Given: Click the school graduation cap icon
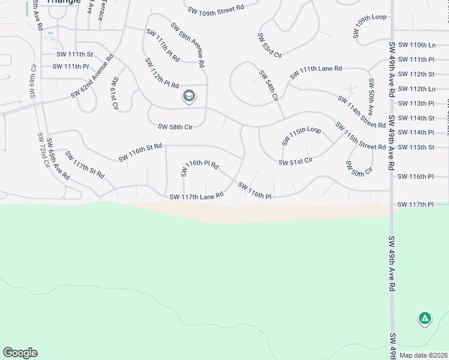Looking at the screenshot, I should tap(189, 96).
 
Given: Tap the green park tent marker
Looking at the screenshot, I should tap(424, 318).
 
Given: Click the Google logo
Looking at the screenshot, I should tap(20, 353).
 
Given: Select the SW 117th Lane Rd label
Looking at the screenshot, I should tap(196, 196).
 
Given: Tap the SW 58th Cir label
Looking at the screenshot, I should tap(175, 127).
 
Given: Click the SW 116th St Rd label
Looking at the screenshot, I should tap(140, 152).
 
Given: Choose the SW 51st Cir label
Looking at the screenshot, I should tap(295, 161).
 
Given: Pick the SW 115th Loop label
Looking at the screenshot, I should tap(301, 136).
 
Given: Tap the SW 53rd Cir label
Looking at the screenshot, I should tap(270, 45).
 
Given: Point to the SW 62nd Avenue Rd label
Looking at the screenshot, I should tap(92, 77).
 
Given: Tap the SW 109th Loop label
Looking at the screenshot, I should tap(370, 26).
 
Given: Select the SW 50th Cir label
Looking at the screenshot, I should tap(359, 167).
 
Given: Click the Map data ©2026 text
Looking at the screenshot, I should tap(423, 355).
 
